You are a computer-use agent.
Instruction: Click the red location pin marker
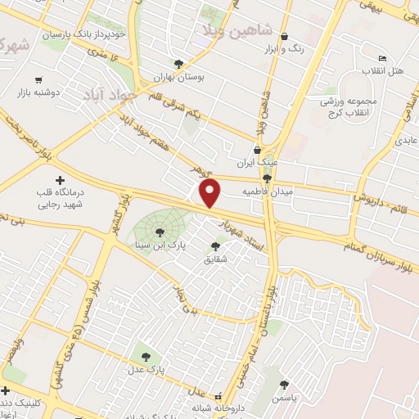[x=211, y=193]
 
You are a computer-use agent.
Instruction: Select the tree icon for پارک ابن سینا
[x=159, y=232]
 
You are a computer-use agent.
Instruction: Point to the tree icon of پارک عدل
[x=146, y=357]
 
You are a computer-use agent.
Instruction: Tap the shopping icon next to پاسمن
[x=284, y=384]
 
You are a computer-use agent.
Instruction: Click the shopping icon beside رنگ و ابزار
[x=284, y=36]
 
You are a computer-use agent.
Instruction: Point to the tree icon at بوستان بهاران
[x=178, y=63]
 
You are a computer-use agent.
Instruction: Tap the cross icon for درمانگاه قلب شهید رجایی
[x=58, y=180]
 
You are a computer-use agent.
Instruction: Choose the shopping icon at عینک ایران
[x=257, y=150]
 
